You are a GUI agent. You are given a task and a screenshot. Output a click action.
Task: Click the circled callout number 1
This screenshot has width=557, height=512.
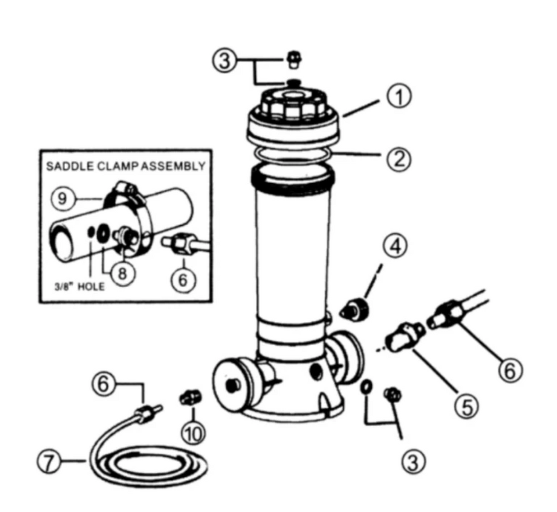coord(399,98)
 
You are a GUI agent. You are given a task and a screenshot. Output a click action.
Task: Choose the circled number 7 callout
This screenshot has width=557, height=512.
coord(49,462)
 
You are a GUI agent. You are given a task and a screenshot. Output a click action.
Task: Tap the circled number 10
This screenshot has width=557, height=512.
coord(194,433)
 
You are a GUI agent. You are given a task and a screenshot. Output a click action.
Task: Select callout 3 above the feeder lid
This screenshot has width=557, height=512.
coord(224,61)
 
